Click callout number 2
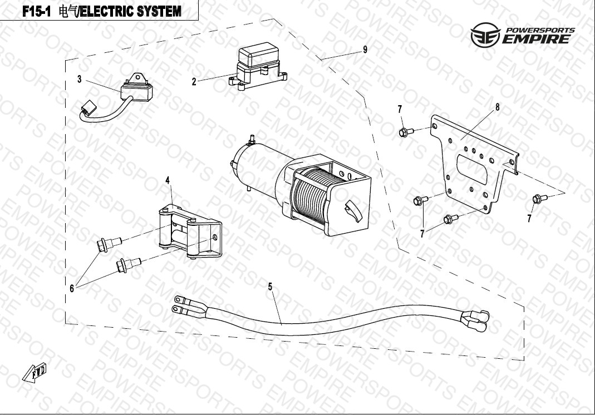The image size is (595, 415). coord(194,82)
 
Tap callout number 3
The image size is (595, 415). coord(80,80)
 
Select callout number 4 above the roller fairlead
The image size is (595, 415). coord(168,180)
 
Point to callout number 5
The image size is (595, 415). coord(270,287)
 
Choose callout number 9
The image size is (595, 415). coord(365,50)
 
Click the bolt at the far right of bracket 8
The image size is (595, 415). coord(538,198)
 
